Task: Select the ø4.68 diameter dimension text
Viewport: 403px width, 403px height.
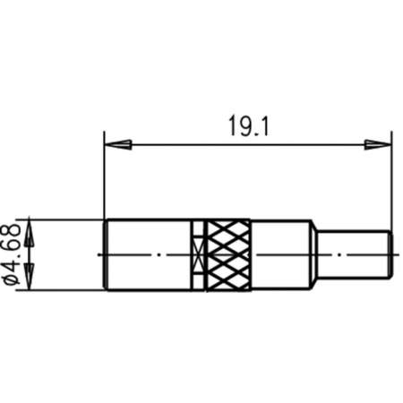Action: (x=13, y=254)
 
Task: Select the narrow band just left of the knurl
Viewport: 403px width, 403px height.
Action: (x=198, y=254)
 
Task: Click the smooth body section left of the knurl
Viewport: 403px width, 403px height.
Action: (x=148, y=254)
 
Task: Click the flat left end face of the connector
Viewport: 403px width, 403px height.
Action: (x=106, y=254)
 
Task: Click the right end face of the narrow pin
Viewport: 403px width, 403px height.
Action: (x=390, y=254)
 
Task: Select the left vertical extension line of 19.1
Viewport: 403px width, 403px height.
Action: (x=105, y=179)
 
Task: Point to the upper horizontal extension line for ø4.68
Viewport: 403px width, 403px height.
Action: (x=63, y=218)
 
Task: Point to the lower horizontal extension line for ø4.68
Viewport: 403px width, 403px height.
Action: (x=63, y=290)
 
